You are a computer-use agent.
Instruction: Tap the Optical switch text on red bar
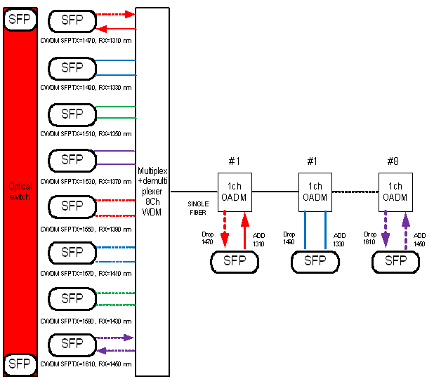point(20,191)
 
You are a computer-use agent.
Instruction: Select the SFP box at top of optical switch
point(20,19)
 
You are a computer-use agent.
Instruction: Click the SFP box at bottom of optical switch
point(20,364)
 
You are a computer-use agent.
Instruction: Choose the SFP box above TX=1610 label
point(72,344)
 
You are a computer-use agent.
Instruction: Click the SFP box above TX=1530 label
point(72,160)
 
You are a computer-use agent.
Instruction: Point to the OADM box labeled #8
point(396,191)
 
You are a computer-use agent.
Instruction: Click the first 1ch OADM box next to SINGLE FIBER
point(235,191)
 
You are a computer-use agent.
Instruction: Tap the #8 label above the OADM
point(393,161)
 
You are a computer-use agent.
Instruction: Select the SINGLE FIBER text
point(198,207)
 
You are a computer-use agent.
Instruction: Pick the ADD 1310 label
point(260,239)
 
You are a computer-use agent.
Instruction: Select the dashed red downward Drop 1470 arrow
point(225,230)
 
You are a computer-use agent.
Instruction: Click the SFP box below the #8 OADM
point(396,261)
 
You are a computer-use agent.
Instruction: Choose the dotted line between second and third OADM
point(355,191)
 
